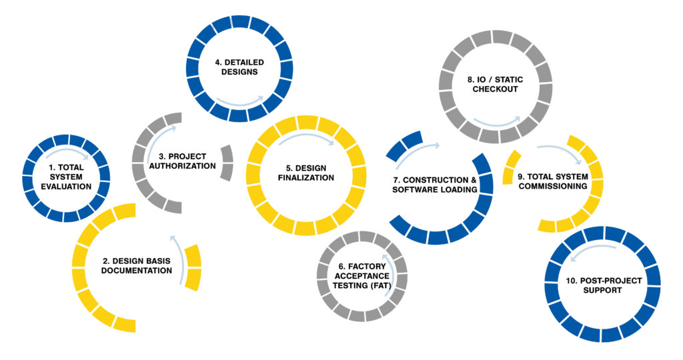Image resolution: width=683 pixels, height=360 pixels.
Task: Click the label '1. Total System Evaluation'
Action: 66,177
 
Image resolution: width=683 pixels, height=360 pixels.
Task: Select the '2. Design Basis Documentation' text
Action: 136,265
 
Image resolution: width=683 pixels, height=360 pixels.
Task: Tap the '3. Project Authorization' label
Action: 182,161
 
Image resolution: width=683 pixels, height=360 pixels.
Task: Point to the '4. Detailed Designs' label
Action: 239,67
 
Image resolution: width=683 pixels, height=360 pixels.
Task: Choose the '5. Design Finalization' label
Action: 305,173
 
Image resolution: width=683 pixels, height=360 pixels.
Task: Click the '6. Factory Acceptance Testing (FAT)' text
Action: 362,276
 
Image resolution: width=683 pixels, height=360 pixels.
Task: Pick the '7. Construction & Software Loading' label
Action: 434,185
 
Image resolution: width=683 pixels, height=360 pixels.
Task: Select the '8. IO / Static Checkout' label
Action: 496,84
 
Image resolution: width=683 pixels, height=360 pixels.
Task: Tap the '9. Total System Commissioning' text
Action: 553,181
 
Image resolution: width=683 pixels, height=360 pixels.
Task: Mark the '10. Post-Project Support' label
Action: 604,285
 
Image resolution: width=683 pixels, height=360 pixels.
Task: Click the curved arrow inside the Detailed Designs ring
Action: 239,103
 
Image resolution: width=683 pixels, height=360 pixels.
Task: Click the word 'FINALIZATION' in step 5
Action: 305,177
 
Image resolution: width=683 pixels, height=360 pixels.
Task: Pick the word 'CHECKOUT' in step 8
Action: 496,89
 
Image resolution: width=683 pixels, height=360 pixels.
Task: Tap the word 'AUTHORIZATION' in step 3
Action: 182,166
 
